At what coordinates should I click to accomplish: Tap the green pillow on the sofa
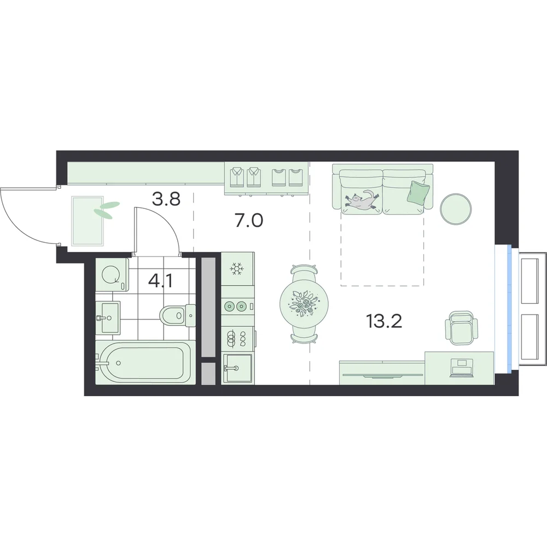click(418, 192)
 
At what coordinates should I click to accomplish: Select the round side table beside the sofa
click(456, 208)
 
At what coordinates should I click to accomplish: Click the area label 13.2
click(384, 321)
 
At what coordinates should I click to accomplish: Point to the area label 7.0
click(249, 220)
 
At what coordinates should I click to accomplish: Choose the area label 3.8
click(166, 199)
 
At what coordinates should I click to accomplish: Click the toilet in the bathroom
click(178, 316)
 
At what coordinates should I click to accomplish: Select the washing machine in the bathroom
click(112, 275)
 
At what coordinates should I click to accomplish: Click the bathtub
click(143, 363)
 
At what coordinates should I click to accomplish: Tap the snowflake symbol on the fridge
click(236, 269)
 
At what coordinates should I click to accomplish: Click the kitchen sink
click(237, 368)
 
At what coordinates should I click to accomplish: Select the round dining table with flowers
click(304, 304)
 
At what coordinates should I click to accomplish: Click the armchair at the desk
click(461, 328)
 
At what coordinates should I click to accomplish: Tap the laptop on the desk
click(461, 368)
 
